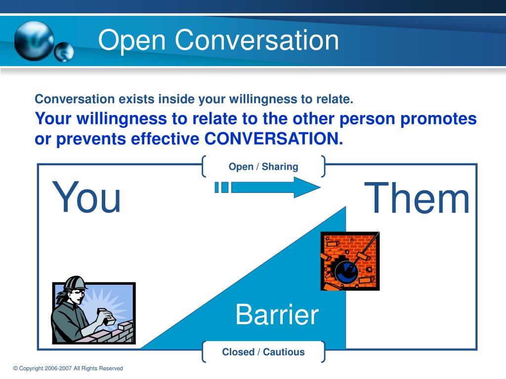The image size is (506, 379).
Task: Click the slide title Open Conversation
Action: tap(218, 40)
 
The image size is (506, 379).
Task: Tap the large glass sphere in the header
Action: tap(34, 41)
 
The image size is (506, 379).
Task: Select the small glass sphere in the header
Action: tap(64, 51)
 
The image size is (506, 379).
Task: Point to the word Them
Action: tap(417, 197)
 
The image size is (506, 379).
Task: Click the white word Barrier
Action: tap(277, 314)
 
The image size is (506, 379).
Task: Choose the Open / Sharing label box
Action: tap(263, 166)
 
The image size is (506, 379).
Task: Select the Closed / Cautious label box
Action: tap(263, 351)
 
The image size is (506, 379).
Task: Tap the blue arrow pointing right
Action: tap(267, 187)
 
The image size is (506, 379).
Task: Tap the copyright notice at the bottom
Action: tap(68, 368)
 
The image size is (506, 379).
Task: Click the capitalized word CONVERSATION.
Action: tap(274, 139)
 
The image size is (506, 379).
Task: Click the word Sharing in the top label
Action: tap(280, 167)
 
